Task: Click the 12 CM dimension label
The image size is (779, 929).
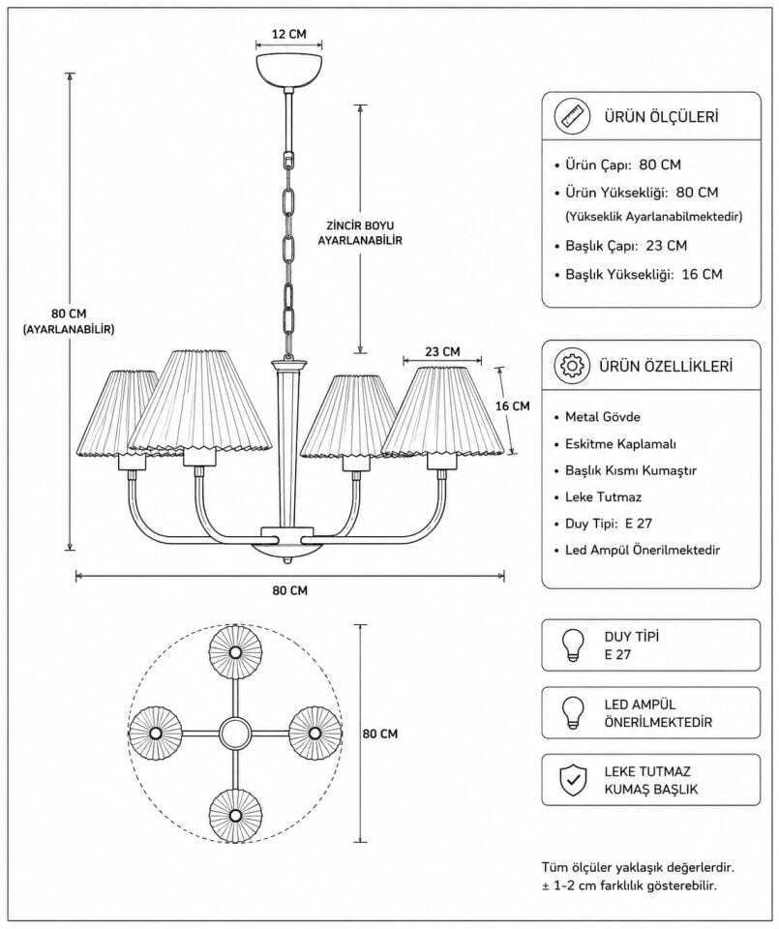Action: click(289, 34)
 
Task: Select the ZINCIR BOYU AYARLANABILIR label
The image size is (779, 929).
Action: click(360, 233)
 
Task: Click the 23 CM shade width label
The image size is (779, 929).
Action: click(442, 351)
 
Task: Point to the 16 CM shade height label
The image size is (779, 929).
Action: click(513, 405)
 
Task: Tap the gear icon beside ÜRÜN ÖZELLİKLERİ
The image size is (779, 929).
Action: click(572, 366)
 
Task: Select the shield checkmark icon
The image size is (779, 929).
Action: click(573, 780)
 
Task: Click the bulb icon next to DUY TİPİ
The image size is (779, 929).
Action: click(573, 645)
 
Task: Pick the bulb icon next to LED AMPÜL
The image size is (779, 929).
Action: click(573, 713)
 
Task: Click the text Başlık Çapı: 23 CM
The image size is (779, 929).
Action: click(626, 245)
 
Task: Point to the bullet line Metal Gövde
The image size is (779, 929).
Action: click(603, 416)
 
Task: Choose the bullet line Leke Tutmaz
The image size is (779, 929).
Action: click(603, 496)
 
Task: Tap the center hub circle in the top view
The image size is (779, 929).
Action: click(235, 734)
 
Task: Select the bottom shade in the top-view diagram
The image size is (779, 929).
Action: click(235, 815)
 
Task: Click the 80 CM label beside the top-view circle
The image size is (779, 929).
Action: click(379, 734)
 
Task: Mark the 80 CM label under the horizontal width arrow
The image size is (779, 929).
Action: click(290, 590)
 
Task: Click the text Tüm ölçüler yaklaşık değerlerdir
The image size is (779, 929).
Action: click(638, 868)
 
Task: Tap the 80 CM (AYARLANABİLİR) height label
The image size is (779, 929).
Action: click(69, 321)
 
